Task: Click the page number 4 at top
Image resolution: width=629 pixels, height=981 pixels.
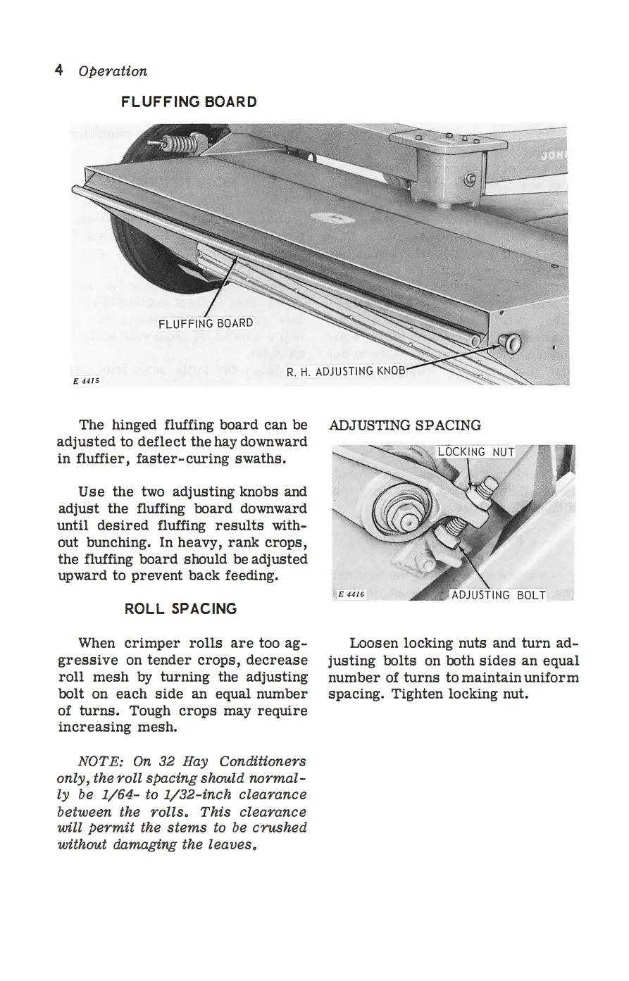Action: point(58,70)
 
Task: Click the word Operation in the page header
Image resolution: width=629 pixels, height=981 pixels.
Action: point(113,71)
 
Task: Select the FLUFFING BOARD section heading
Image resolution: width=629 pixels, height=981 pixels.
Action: point(189,102)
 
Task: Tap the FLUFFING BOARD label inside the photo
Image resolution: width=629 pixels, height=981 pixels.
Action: point(206,324)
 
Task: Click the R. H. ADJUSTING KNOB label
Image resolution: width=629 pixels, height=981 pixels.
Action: point(346,371)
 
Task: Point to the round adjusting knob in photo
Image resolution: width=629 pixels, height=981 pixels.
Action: point(510,343)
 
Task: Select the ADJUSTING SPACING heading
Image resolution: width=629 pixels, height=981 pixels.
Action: point(404,425)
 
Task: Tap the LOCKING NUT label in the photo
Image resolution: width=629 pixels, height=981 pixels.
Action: point(476,452)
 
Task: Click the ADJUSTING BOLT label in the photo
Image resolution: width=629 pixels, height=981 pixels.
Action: point(499,595)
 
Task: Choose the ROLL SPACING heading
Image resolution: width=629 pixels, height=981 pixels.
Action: point(180,608)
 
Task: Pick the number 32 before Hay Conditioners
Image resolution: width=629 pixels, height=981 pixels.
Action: point(167,761)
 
